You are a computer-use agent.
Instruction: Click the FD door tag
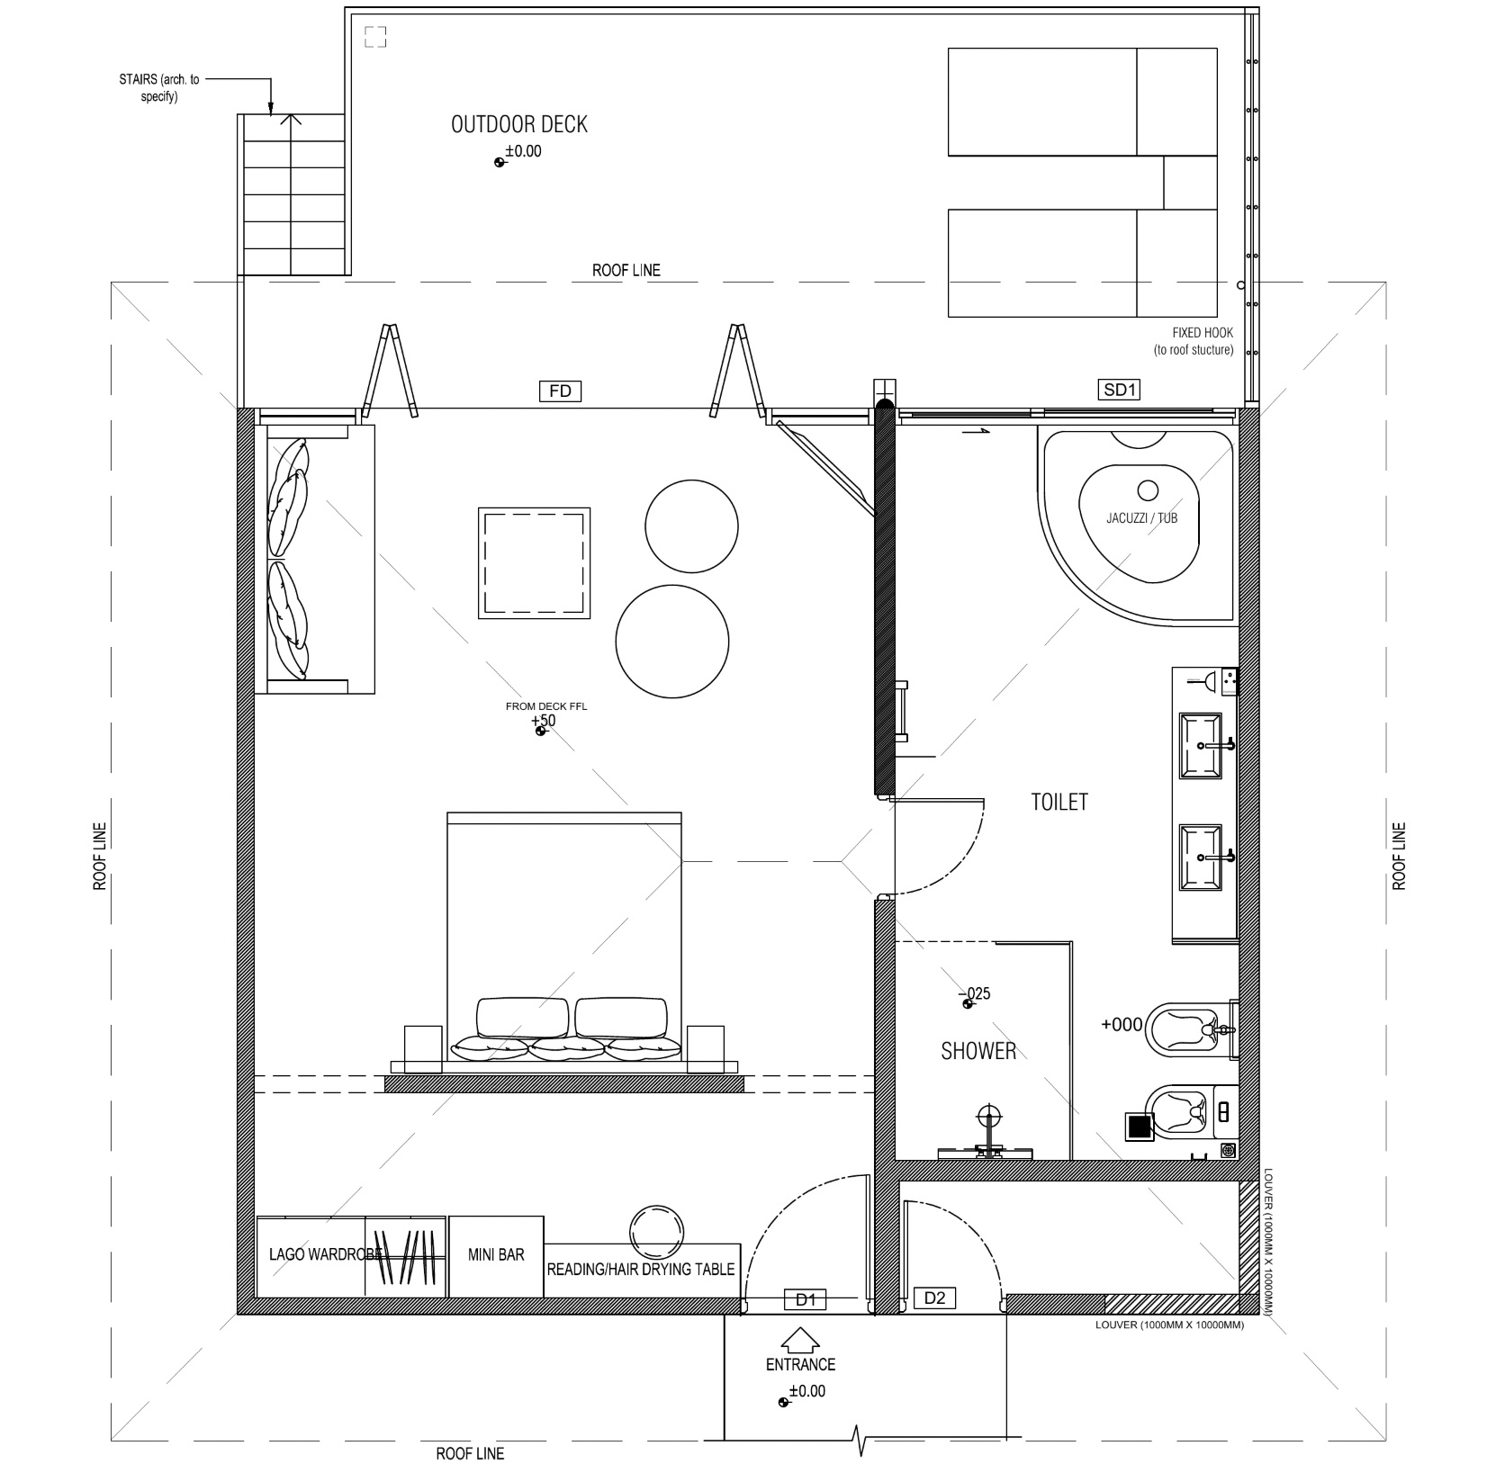click(x=560, y=391)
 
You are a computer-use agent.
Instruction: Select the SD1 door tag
click(x=1121, y=390)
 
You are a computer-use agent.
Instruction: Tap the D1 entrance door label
click(x=806, y=1299)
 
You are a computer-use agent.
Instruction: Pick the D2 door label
click(x=935, y=1298)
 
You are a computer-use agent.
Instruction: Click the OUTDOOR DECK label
click(x=519, y=124)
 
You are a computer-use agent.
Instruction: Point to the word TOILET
click(x=1059, y=802)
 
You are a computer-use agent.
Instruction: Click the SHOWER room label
click(x=978, y=1051)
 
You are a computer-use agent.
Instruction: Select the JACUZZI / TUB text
click(x=1142, y=518)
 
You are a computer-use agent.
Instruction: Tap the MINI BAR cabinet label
click(x=496, y=1254)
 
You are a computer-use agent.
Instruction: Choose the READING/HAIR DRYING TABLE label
click(x=641, y=1270)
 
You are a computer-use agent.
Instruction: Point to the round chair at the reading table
click(x=656, y=1232)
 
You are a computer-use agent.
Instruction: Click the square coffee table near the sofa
click(x=535, y=562)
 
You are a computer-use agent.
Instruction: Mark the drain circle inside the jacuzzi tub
click(x=1148, y=490)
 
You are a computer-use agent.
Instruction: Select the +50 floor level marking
click(x=543, y=721)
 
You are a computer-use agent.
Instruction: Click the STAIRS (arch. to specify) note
click(x=159, y=88)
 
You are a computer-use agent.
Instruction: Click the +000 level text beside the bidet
click(x=1122, y=1024)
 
